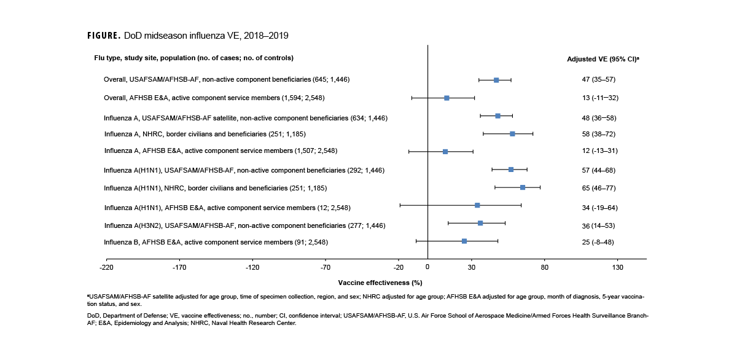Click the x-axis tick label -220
click(107, 267)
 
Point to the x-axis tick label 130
click(618, 267)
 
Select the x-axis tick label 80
click(544, 267)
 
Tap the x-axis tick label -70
click(326, 267)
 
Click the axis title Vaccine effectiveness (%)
click(380, 283)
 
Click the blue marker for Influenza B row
click(464, 241)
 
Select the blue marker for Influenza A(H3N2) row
click(480, 223)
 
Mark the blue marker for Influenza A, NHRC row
click(512, 133)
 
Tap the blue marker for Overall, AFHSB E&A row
click(446, 98)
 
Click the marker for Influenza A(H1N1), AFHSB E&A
click(477, 205)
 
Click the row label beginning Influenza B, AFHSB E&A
click(216, 242)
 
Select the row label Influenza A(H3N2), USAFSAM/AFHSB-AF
click(244, 225)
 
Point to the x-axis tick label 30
click(472, 267)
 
